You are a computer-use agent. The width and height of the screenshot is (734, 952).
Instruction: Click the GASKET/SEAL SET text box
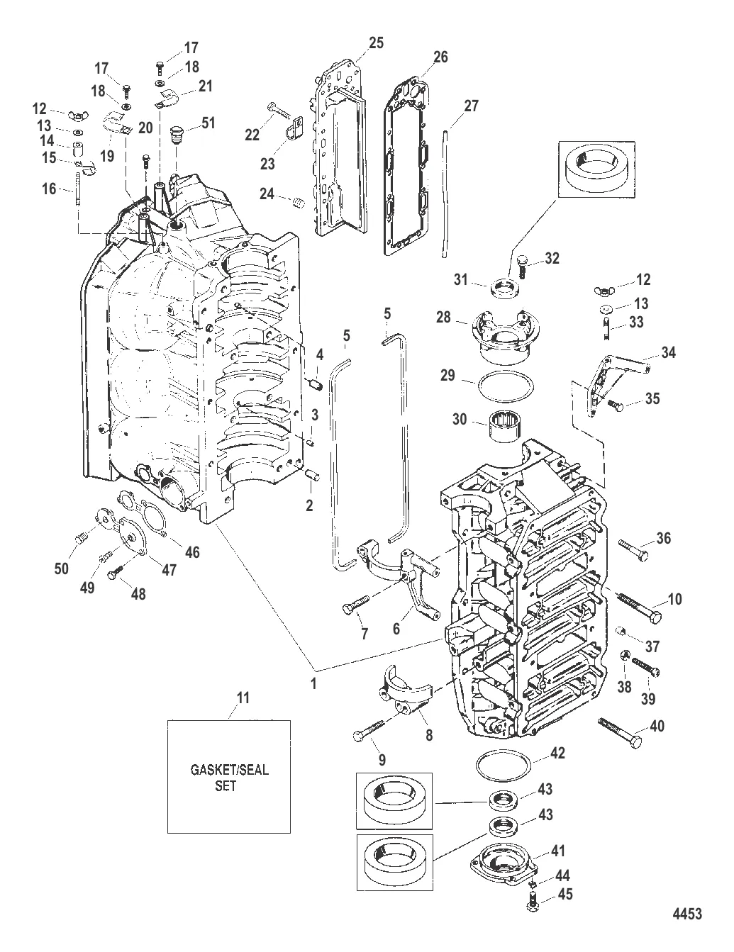[228, 775]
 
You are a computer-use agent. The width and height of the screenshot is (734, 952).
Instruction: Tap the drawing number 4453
[686, 913]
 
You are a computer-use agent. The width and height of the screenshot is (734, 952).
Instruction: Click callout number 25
[376, 43]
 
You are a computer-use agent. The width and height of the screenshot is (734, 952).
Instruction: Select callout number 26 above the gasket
[440, 57]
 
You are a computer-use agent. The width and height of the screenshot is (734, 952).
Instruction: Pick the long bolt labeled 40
[621, 732]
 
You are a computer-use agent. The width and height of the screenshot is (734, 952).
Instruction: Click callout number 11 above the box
[243, 698]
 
